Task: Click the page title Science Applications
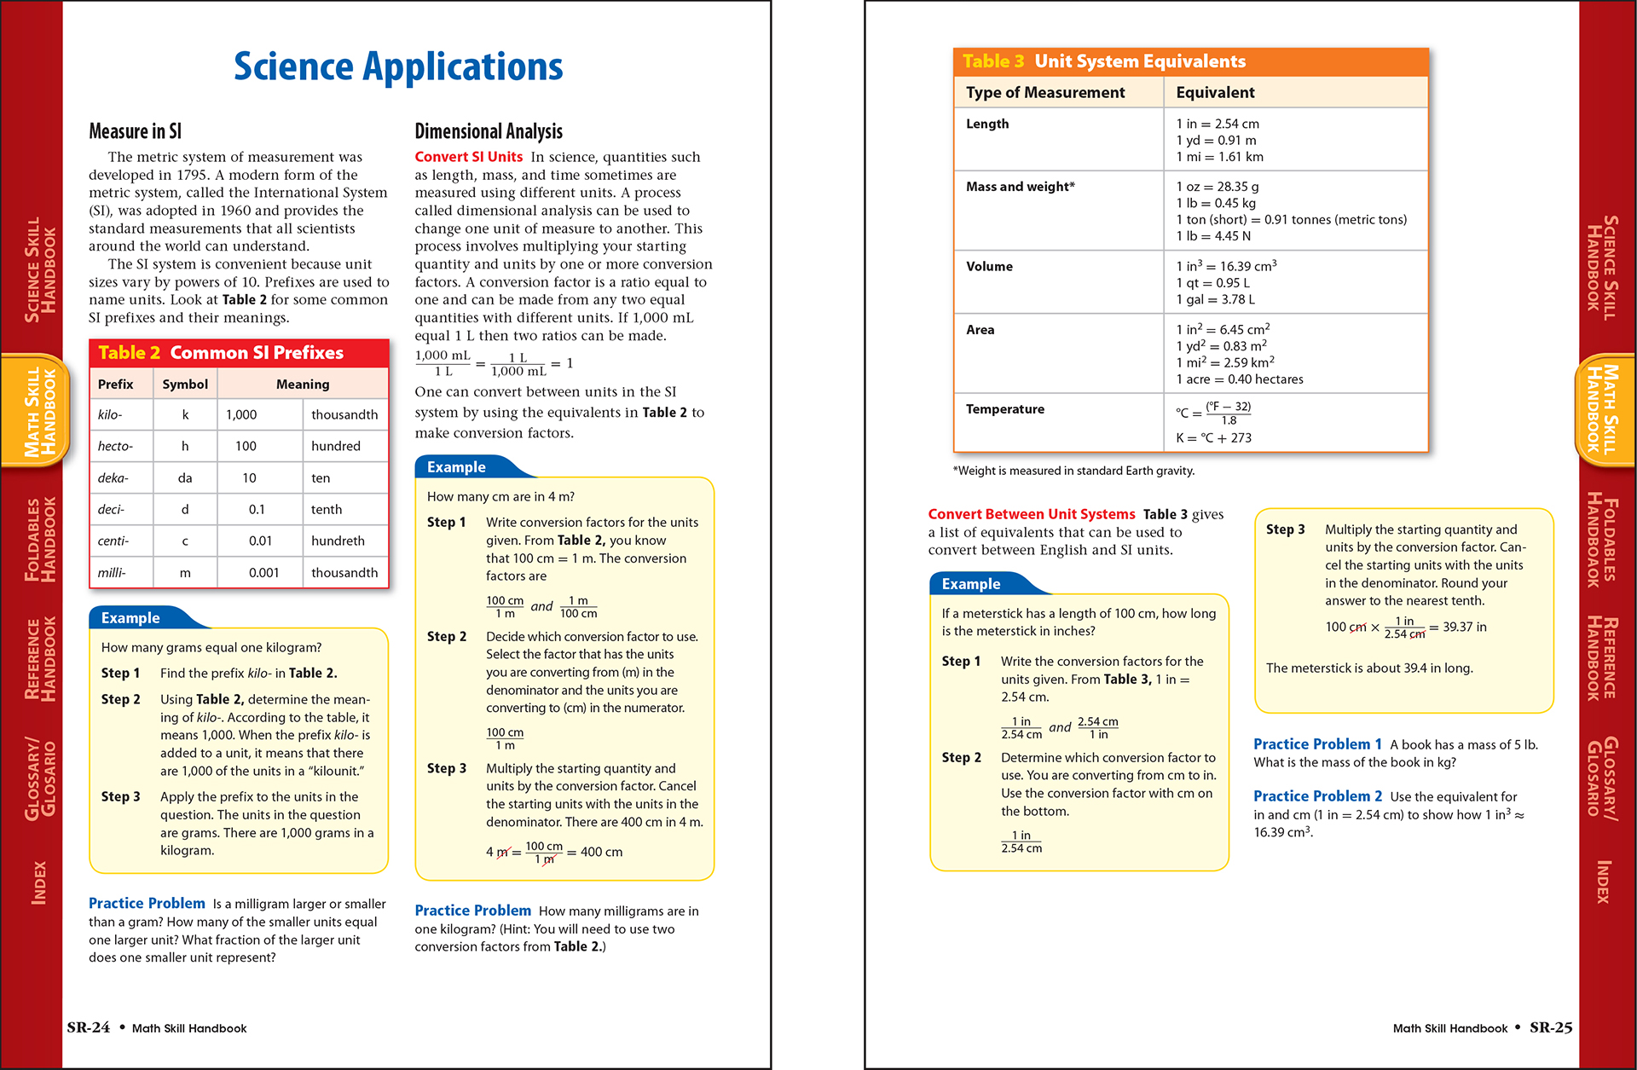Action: point(398,67)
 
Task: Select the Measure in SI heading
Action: point(135,131)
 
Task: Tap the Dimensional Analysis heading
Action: point(489,131)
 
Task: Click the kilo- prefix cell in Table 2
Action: point(110,414)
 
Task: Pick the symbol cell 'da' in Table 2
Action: point(185,478)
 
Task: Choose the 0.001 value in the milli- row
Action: point(263,573)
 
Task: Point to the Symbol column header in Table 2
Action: point(185,385)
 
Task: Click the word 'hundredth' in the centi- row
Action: point(338,541)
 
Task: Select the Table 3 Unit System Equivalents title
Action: point(1103,61)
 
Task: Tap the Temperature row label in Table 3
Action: point(1004,409)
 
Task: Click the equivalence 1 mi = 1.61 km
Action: point(1219,157)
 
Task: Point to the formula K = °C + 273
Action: point(1213,438)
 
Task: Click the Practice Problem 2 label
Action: point(1317,796)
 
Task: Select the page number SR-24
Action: point(89,1027)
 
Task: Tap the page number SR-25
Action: point(1551,1027)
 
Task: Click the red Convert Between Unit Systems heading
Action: point(1031,514)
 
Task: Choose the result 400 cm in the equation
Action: point(601,852)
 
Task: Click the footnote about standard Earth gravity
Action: point(1073,471)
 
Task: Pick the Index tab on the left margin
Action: point(38,882)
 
